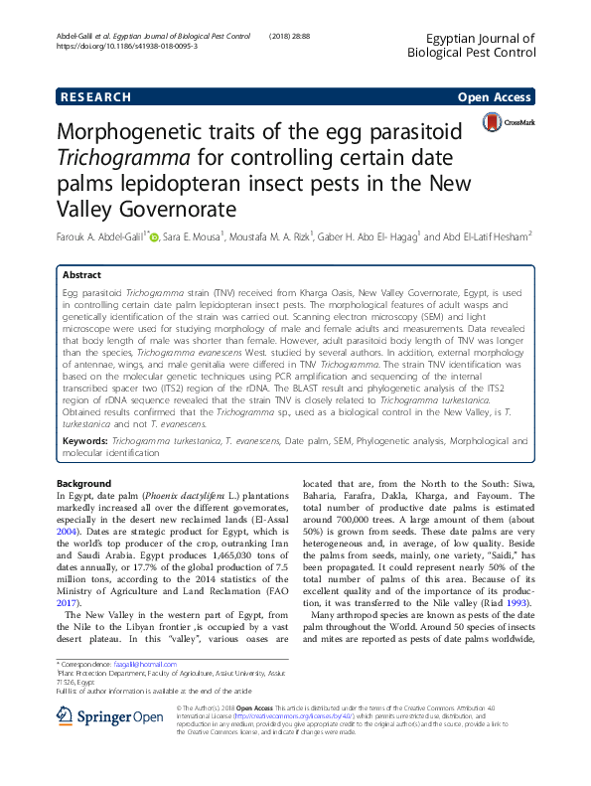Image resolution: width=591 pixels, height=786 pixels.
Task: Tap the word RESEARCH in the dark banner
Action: click(x=95, y=97)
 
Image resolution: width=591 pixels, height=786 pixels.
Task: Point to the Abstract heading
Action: click(x=83, y=275)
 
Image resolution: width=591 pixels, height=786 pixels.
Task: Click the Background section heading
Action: click(x=85, y=483)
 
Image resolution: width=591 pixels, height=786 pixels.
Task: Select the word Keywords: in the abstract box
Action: click(x=85, y=438)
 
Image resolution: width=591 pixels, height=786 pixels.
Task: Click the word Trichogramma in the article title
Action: click(x=133, y=158)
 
